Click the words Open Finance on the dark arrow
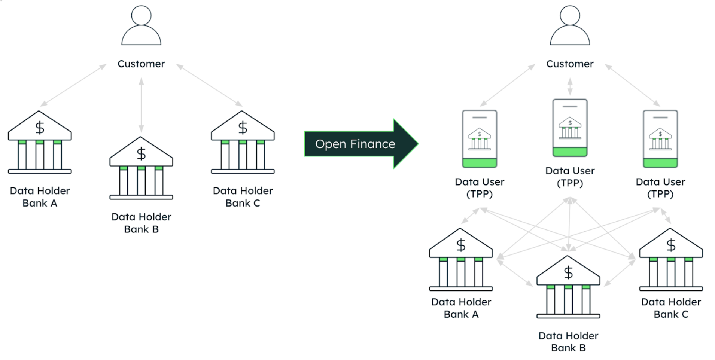point(355,144)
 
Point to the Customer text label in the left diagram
point(141,64)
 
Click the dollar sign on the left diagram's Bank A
point(40,128)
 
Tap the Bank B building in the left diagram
point(141,168)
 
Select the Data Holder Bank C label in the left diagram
point(243,197)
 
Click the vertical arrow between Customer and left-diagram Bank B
point(141,105)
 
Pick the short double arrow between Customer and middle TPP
point(570,86)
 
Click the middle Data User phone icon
point(570,128)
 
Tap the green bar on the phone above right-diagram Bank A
point(480,163)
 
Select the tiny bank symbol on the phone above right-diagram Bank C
point(660,138)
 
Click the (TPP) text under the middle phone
point(570,183)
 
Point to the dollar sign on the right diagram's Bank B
point(568,272)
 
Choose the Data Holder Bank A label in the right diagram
point(461,308)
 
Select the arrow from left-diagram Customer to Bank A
point(73,85)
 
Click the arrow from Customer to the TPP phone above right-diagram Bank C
point(632,85)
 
